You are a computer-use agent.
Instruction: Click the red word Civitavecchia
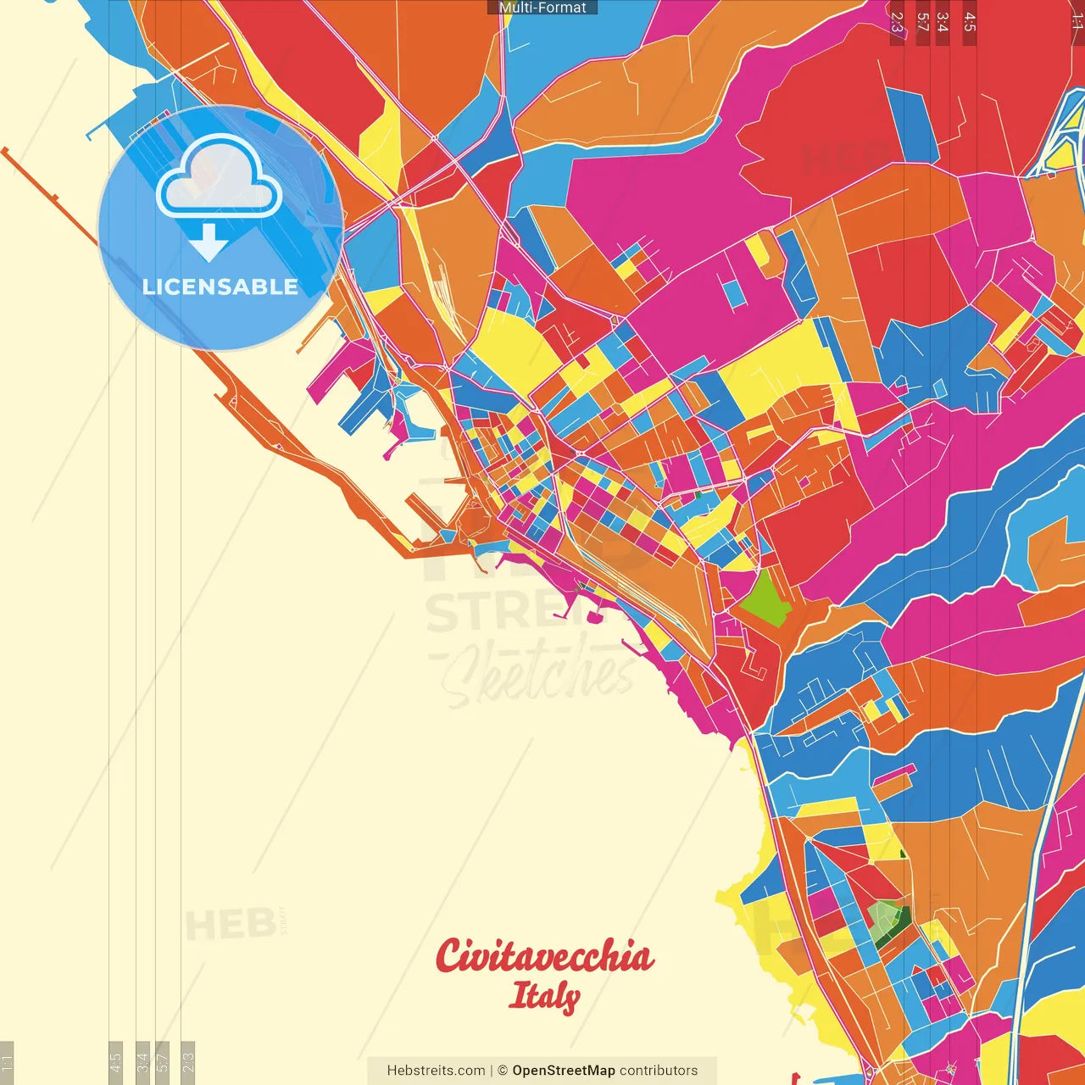point(544,956)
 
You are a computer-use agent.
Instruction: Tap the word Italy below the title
point(544,996)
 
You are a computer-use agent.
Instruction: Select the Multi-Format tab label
point(542,8)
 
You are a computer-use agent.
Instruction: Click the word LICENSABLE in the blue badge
point(220,287)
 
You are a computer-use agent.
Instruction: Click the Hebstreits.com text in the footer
point(436,1071)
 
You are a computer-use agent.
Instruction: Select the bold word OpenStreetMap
point(564,1071)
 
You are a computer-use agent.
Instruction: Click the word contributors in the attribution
point(659,1071)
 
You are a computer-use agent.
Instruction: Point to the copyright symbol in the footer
point(503,1071)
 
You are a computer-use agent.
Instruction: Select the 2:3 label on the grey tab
point(188,1060)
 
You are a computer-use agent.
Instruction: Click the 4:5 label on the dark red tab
point(970,22)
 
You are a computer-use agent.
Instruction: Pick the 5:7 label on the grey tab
point(163,1060)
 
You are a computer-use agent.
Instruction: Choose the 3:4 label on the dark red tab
point(942,22)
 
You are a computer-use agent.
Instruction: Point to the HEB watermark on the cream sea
point(230,925)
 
